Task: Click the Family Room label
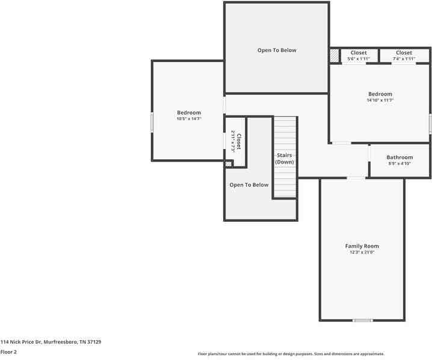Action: (362, 246)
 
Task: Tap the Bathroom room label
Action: (400, 157)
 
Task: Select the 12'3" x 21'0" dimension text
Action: (362, 252)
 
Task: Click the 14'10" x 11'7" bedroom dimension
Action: (380, 100)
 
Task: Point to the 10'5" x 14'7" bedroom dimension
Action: (188, 119)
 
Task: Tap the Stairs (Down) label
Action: (285, 159)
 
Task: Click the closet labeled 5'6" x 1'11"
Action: (358, 56)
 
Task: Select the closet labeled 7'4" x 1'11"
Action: (404, 56)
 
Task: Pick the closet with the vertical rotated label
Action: (236, 142)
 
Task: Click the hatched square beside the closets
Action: (334, 56)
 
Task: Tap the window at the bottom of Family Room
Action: (362, 320)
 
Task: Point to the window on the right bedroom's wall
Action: (430, 124)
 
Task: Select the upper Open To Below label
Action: (277, 50)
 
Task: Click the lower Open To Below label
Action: (248, 185)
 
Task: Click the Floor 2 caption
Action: (8, 352)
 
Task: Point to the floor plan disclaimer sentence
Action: (291, 354)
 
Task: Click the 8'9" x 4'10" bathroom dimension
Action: (400, 163)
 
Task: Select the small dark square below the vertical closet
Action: (228, 163)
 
